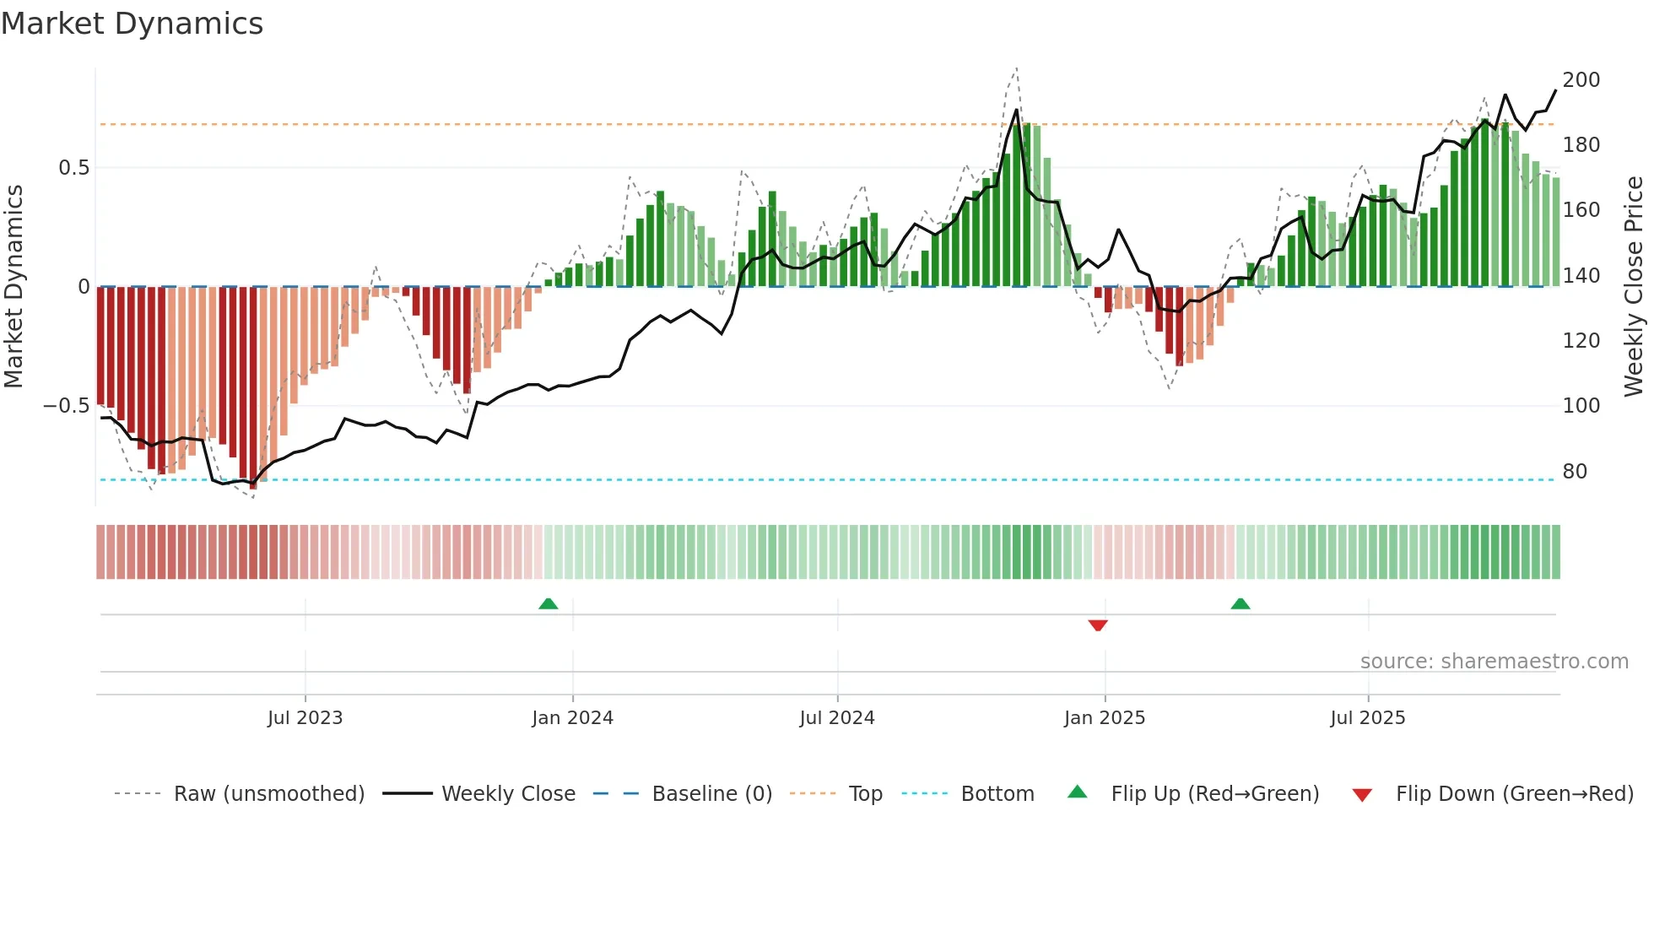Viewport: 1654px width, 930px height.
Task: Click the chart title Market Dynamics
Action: point(132,24)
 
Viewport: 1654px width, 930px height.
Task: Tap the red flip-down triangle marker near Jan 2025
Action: point(1098,625)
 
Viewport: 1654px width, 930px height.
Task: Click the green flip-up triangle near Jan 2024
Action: point(549,603)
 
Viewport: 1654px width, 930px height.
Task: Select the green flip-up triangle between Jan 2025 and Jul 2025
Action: point(1240,603)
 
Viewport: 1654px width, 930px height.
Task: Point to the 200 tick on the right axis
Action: point(1581,80)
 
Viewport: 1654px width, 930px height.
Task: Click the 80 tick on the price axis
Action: point(1575,472)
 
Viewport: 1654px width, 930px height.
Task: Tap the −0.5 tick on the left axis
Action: point(66,406)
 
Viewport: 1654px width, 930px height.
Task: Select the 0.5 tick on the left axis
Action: point(73,168)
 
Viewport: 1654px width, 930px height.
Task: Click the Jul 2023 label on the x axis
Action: point(305,718)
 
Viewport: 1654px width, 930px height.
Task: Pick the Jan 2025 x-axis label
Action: point(1105,718)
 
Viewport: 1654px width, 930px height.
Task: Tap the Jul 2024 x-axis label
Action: point(837,718)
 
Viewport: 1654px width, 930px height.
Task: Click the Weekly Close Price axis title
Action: point(1634,286)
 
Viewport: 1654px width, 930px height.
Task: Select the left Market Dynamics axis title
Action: point(14,286)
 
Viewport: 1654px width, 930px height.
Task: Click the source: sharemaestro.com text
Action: point(1494,662)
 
